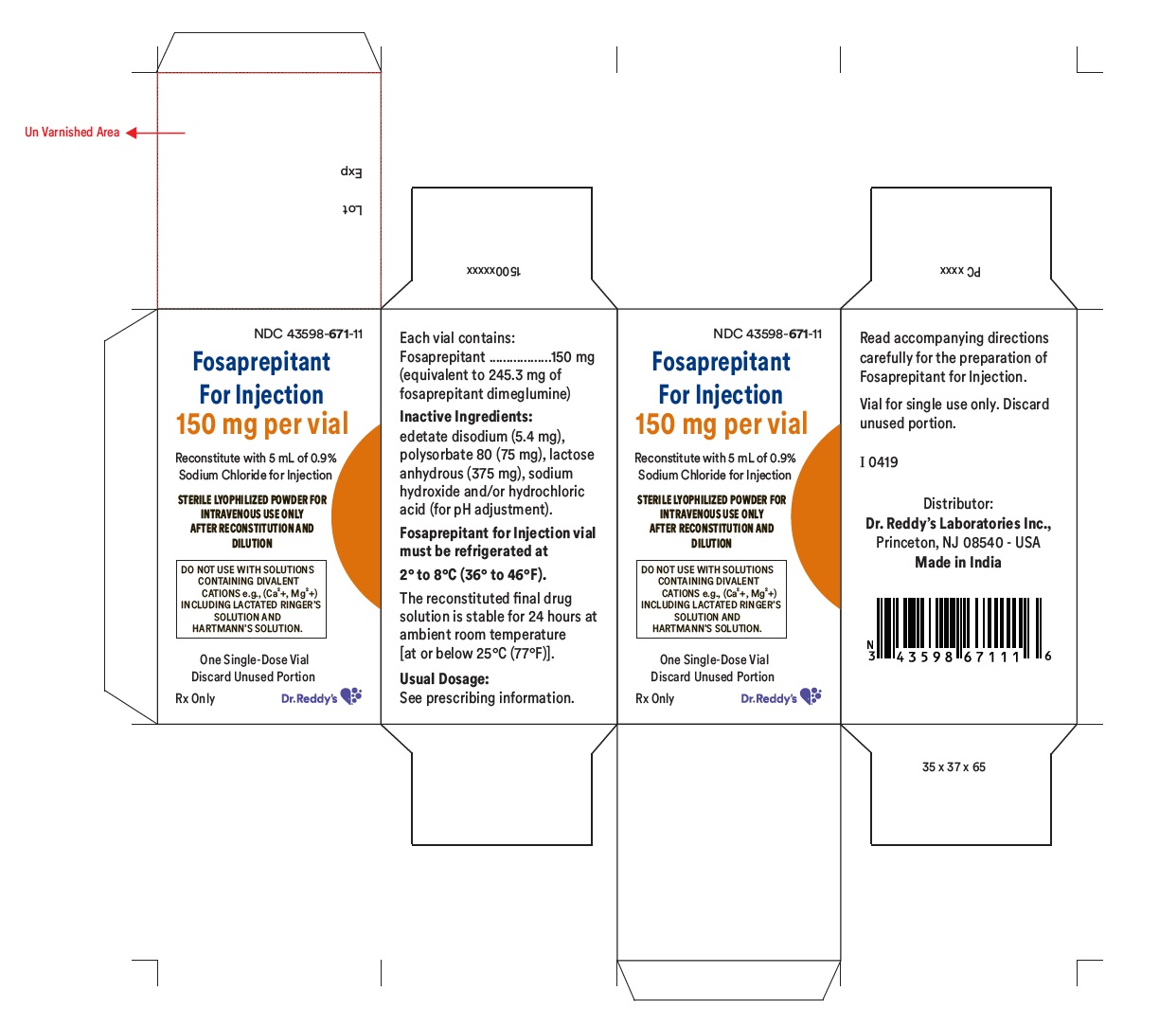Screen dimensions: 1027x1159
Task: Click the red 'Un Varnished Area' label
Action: pyautogui.click(x=72, y=133)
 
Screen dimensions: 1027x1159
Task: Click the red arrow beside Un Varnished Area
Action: pyautogui.click(x=155, y=133)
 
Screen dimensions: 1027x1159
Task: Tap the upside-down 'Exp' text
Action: pyautogui.click(x=351, y=171)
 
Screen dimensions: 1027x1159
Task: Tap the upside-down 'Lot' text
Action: pyautogui.click(x=351, y=208)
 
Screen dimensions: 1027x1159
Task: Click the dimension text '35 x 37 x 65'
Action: pyautogui.click(x=954, y=767)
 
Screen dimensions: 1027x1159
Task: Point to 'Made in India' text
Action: pyautogui.click(x=957, y=562)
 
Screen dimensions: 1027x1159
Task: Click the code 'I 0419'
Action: pyautogui.click(x=879, y=462)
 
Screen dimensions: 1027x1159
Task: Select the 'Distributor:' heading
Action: pyautogui.click(x=958, y=504)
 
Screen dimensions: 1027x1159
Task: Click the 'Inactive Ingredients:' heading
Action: pyautogui.click(x=466, y=417)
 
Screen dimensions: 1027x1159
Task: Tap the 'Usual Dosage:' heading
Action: pyautogui.click(x=444, y=678)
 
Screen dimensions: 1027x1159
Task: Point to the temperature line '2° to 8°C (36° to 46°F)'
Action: pyautogui.click(x=473, y=574)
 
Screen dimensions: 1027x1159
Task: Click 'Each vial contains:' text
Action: pyautogui.click(x=457, y=337)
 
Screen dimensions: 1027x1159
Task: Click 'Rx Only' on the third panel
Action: pyautogui.click(x=654, y=699)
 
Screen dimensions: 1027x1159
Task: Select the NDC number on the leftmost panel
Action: pyautogui.click(x=308, y=333)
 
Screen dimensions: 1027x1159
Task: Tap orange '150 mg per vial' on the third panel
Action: pyautogui.click(x=721, y=423)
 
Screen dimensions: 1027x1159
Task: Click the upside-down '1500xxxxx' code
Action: pyautogui.click(x=493, y=271)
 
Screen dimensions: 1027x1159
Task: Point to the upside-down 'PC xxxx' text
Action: pyautogui.click(x=960, y=271)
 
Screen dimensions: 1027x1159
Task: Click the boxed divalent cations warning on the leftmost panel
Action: pyautogui.click(x=252, y=599)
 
